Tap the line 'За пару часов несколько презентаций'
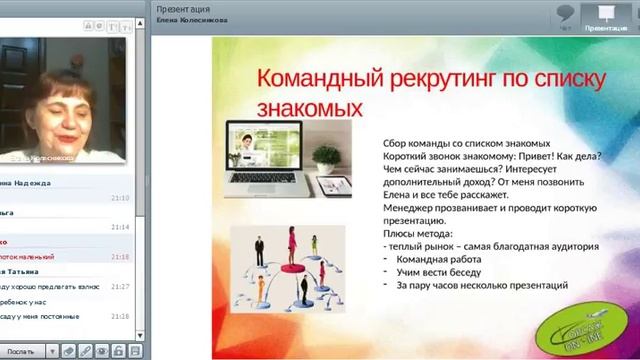(482, 285)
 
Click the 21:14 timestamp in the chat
(120, 227)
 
